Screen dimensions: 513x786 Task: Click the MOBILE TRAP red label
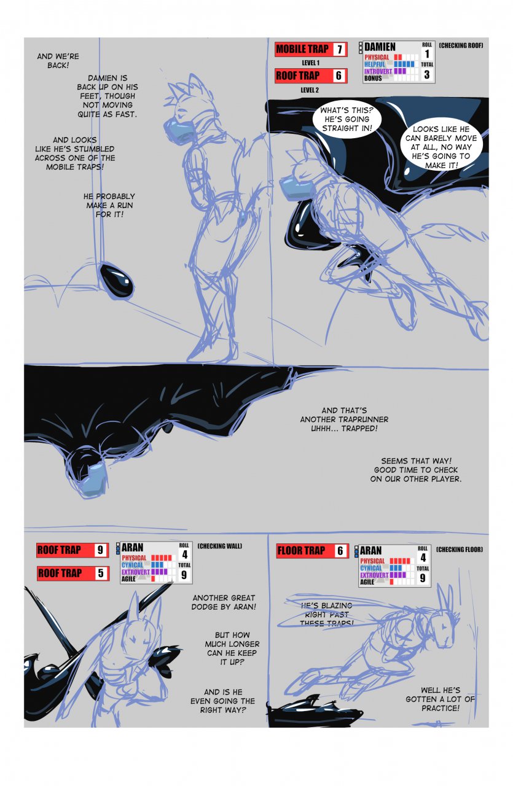[x=311, y=49]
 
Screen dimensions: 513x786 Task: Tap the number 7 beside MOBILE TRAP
[x=339, y=50]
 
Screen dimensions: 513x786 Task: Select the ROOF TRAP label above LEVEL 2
[x=311, y=76]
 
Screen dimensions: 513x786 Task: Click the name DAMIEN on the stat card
[x=380, y=47]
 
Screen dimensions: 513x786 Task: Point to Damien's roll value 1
[x=427, y=53]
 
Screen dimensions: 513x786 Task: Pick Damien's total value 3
[x=426, y=74]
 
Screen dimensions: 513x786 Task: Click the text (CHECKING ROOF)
[x=461, y=45]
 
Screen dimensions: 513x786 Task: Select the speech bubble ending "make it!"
[x=441, y=147]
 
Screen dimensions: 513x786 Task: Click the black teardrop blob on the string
[x=117, y=280]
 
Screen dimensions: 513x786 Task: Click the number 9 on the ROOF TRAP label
[x=100, y=550]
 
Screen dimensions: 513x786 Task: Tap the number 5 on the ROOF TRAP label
[x=101, y=573]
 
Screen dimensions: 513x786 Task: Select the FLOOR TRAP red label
[x=312, y=551]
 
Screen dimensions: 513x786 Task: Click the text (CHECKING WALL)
[x=219, y=546]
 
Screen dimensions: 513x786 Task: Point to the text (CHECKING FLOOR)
[x=460, y=549]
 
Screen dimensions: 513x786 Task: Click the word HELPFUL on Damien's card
[x=375, y=64]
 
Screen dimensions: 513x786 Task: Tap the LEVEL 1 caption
[x=310, y=63]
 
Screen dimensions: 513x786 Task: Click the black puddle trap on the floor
[x=315, y=709]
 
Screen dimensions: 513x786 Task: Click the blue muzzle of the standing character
[x=179, y=128]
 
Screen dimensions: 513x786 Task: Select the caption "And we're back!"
[x=58, y=61]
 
